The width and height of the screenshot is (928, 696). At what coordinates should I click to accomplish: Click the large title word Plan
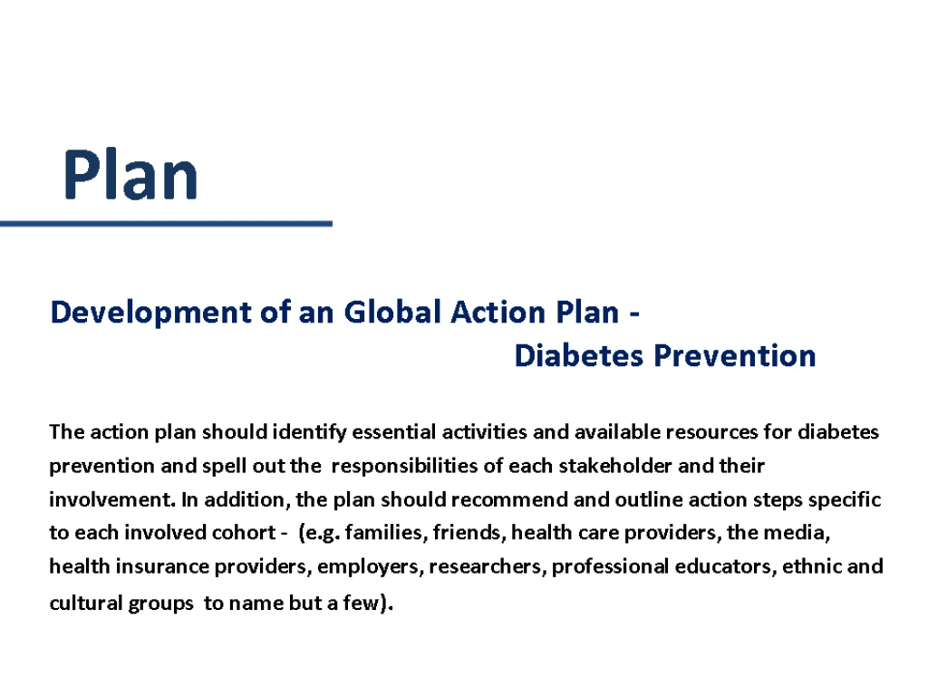click(130, 174)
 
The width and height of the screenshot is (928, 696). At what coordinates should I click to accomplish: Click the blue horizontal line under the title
click(167, 224)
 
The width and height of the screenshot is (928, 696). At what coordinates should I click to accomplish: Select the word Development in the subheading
click(151, 313)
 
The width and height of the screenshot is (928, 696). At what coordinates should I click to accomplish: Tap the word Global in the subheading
click(392, 312)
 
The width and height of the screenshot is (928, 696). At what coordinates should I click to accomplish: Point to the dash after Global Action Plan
click(634, 314)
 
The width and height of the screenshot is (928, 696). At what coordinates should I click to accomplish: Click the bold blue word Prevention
click(735, 355)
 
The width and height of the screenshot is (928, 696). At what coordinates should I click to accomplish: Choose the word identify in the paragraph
click(309, 432)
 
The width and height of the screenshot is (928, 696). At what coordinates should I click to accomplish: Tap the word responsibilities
click(405, 467)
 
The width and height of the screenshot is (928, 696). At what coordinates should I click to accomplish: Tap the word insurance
click(161, 566)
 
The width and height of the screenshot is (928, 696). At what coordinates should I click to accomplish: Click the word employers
click(370, 567)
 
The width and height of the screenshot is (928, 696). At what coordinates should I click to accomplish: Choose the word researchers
click(488, 566)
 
